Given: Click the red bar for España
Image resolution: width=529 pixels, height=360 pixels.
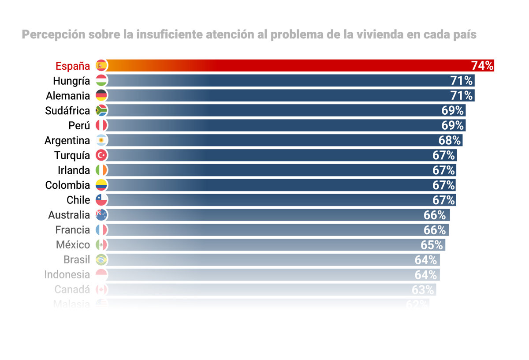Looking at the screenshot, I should [x=287, y=66].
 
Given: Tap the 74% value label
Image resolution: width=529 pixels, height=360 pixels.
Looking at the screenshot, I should [x=482, y=66].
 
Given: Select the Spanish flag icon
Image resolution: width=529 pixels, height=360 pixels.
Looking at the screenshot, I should [x=101, y=66].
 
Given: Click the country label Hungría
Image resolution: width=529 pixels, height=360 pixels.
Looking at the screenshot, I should [x=71, y=81].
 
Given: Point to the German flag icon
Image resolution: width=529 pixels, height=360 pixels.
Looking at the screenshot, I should [x=101, y=95].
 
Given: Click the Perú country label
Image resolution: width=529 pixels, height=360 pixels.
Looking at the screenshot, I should [x=79, y=125].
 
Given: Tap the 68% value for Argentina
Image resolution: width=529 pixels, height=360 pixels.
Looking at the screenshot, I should [x=450, y=140].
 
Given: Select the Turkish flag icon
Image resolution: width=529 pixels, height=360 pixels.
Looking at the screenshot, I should [x=101, y=155].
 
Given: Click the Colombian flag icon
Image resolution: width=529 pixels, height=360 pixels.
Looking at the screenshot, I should [x=101, y=185].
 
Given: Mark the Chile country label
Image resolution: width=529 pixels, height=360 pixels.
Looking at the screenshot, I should [x=78, y=200].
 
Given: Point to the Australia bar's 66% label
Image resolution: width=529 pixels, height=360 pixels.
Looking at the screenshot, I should [x=435, y=215].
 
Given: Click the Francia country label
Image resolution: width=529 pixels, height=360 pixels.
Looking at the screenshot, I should [x=73, y=230].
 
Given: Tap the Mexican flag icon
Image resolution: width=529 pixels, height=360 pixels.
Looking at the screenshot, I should [x=101, y=245].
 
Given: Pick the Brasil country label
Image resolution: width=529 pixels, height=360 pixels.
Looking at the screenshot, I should [x=77, y=259].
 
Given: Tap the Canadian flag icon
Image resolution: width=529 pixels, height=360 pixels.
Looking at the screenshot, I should [x=101, y=289].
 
